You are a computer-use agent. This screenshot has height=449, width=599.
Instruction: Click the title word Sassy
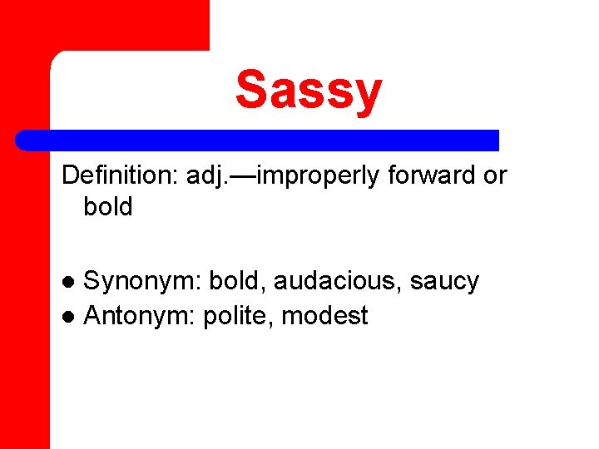click(x=309, y=90)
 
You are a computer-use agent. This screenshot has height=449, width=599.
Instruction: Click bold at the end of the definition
click(x=108, y=207)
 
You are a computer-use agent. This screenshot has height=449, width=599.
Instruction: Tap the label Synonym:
click(x=142, y=282)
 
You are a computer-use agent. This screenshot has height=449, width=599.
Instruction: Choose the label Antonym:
click(x=139, y=316)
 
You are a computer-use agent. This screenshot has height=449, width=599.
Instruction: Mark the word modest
click(x=325, y=316)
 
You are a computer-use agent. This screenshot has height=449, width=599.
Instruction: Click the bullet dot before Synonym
click(x=71, y=283)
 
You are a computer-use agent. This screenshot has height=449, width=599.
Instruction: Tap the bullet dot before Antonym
click(x=71, y=317)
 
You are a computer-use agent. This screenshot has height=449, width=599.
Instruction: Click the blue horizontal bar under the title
click(x=258, y=140)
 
